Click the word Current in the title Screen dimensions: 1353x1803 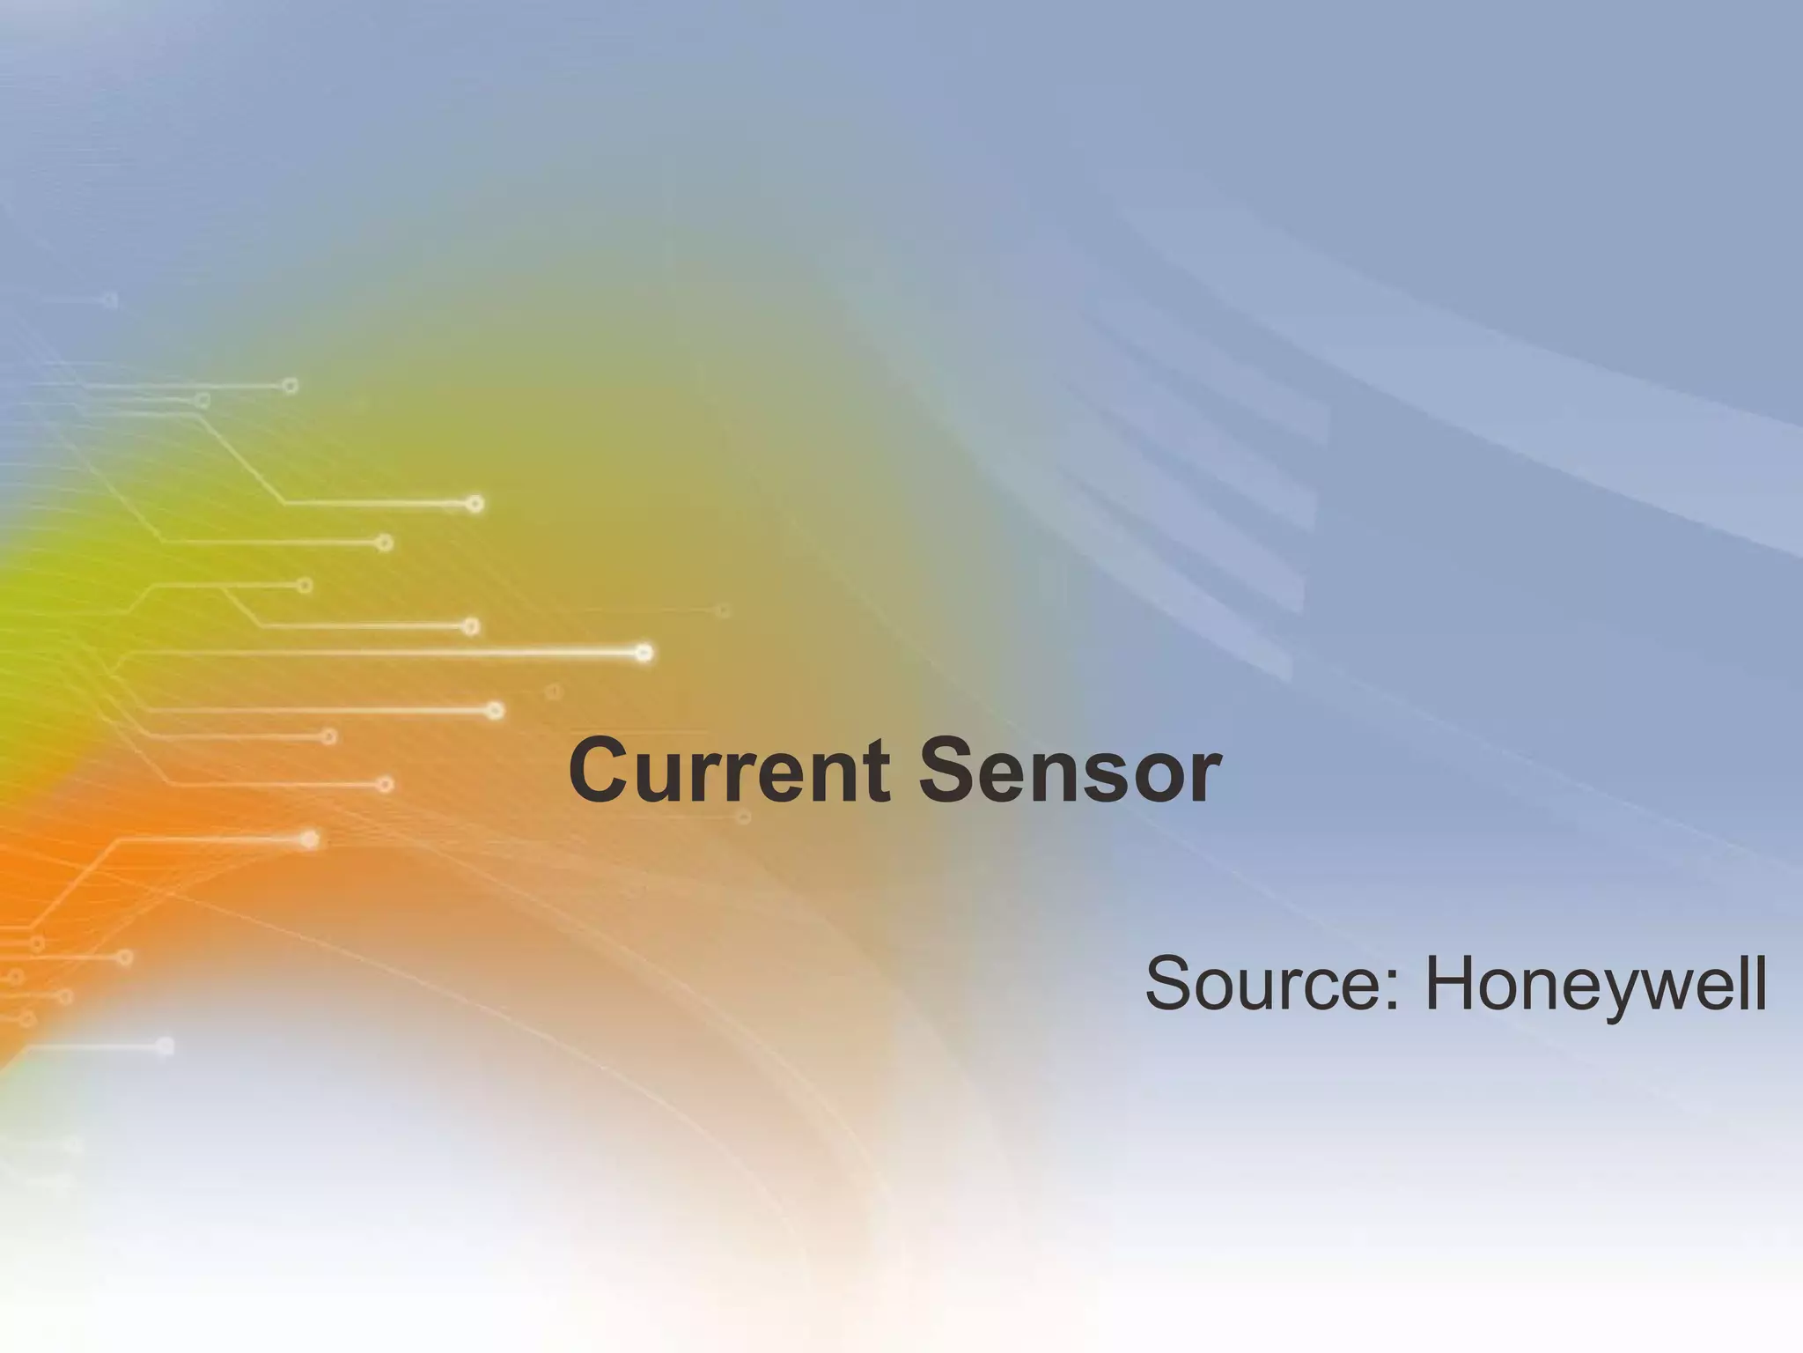coord(731,772)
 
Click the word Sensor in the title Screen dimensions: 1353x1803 coord(1071,772)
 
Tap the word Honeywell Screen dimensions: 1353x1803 coord(1595,984)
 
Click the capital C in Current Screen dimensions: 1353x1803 coord(603,772)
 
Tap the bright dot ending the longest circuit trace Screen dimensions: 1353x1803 coord(644,653)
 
